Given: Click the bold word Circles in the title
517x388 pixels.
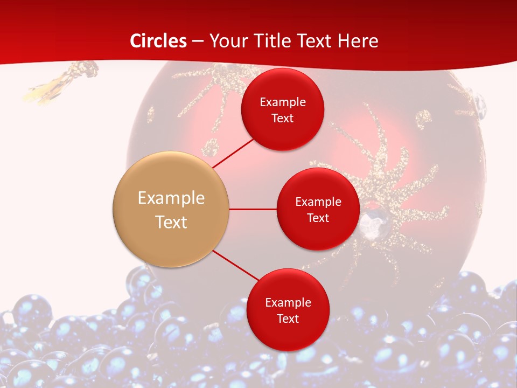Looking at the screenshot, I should (158, 41).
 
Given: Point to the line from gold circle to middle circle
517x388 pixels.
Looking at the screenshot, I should (253, 209).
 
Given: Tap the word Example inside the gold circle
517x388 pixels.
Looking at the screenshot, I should (171, 198).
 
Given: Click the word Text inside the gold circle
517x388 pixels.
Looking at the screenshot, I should (171, 222).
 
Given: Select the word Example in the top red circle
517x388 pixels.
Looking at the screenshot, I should (282, 102).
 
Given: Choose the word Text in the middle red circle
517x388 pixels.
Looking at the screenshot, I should (318, 218).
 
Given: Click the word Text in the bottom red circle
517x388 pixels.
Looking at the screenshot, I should (288, 318).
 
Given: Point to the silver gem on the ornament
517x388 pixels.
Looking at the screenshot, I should (370, 221).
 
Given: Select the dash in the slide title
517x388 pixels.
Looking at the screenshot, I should (198, 41).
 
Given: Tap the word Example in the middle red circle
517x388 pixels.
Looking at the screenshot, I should (318, 202).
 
